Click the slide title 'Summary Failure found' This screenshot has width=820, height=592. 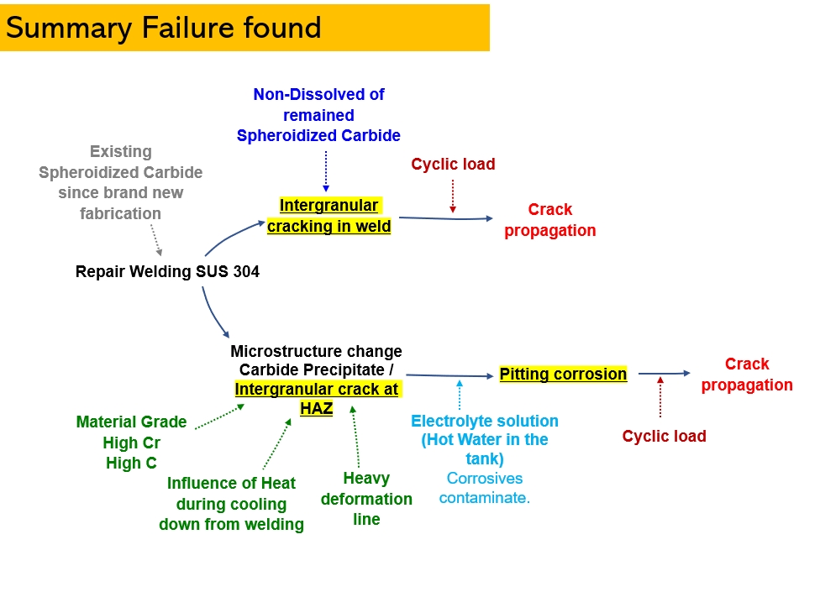[x=163, y=29]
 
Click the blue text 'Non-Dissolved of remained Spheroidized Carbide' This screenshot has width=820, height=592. [x=318, y=115]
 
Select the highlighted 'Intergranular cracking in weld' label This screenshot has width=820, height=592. [x=329, y=216]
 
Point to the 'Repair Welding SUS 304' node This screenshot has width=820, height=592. [x=167, y=272]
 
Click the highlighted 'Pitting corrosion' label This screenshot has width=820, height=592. [x=563, y=375]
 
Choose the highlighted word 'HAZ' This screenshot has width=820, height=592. [x=317, y=408]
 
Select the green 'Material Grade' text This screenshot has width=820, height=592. [x=131, y=422]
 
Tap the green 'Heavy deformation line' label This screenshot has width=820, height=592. [x=366, y=499]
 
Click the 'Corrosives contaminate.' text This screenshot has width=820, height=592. [x=484, y=488]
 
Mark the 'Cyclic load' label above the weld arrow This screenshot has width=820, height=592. [x=453, y=164]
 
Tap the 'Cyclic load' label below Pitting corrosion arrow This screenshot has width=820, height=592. [x=665, y=436]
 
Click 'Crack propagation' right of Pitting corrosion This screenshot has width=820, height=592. [x=747, y=375]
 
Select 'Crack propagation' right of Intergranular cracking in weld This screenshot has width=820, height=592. [x=550, y=219]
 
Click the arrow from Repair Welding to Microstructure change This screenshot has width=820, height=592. [x=212, y=314]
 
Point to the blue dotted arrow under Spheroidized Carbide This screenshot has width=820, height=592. [x=326, y=171]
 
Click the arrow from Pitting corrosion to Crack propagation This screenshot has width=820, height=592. [x=665, y=373]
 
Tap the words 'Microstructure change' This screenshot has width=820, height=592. [x=317, y=351]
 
